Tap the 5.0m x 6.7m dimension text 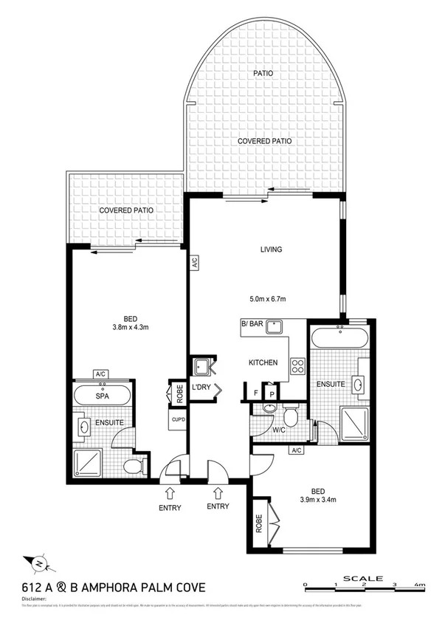pyautogui.click(x=266, y=299)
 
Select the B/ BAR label pyautogui.click(x=252, y=323)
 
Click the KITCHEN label pyautogui.click(x=263, y=362)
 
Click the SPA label pyautogui.click(x=103, y=396)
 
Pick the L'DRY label pyautogui.click(x=201, y=388)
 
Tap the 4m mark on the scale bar pyautogui.click(x=421, y=585)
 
